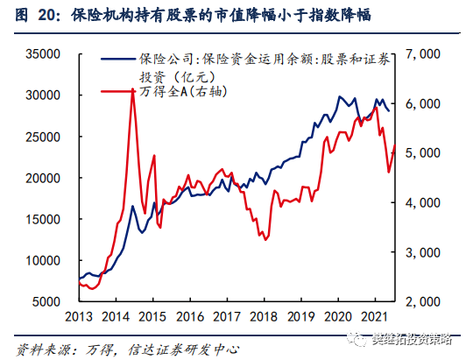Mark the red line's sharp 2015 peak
click(132, 89)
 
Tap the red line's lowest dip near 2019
click(270, 238)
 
